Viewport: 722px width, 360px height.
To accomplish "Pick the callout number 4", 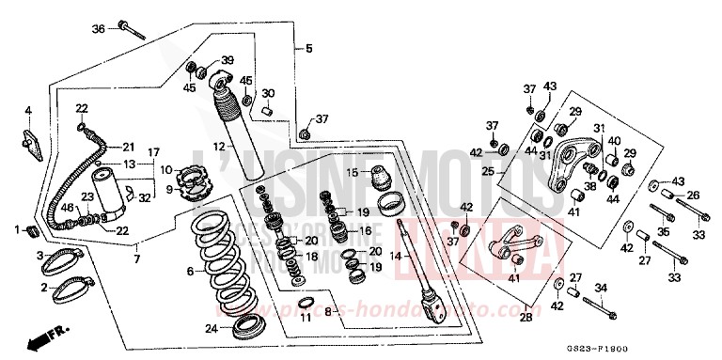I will click(x=28, y=110).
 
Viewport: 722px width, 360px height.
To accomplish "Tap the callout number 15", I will click(x=348, y=172).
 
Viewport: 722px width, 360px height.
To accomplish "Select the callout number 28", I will click(x=525, y=318).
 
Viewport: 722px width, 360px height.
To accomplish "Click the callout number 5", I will click(x=307, y=48).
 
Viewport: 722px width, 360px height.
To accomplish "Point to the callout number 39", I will click(x=227, y=60).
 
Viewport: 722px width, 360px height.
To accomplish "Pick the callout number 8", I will click(x=328, y=310).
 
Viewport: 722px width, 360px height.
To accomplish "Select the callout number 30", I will click(x=268, y=93).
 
